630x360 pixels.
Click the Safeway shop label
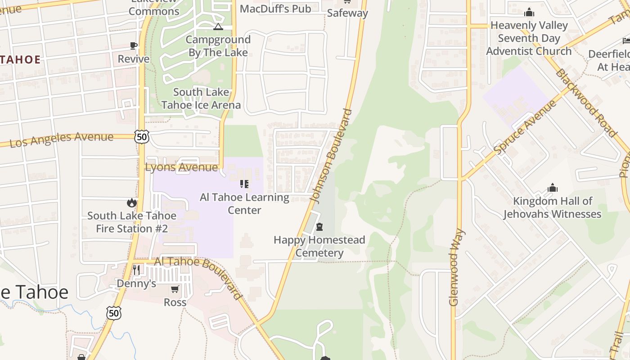(x=347, y=13)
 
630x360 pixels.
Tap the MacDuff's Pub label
(x=275, y=9)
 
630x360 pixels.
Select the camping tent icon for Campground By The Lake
(x=218, y=27)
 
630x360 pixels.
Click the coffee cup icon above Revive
(x=134, y=45)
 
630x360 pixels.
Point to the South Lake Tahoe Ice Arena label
(x=201, y=99)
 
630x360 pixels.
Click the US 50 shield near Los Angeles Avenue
(x=142, y=136)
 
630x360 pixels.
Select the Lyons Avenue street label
(x=181, y=167)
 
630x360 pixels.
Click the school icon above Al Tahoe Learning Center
(x=244, y=184)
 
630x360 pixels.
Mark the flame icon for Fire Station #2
(x=132, y=203)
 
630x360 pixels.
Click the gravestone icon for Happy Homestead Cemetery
(x=319, y=226)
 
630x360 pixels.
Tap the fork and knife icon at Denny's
(x=136, y=270)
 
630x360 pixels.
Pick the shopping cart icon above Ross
(x=175, y=289)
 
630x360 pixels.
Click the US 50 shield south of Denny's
(x=114, y=313)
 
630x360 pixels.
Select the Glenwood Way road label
(x=456, y=267)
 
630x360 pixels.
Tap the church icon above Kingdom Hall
(x=552, y=188)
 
